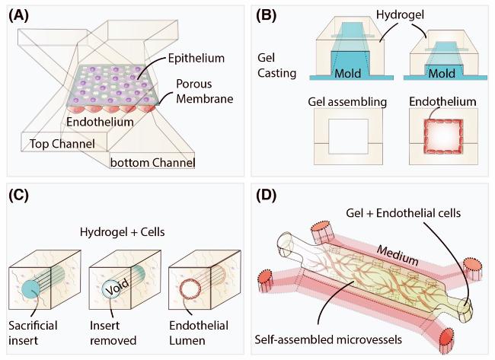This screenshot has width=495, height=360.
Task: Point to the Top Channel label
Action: (x=62, y=143)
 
